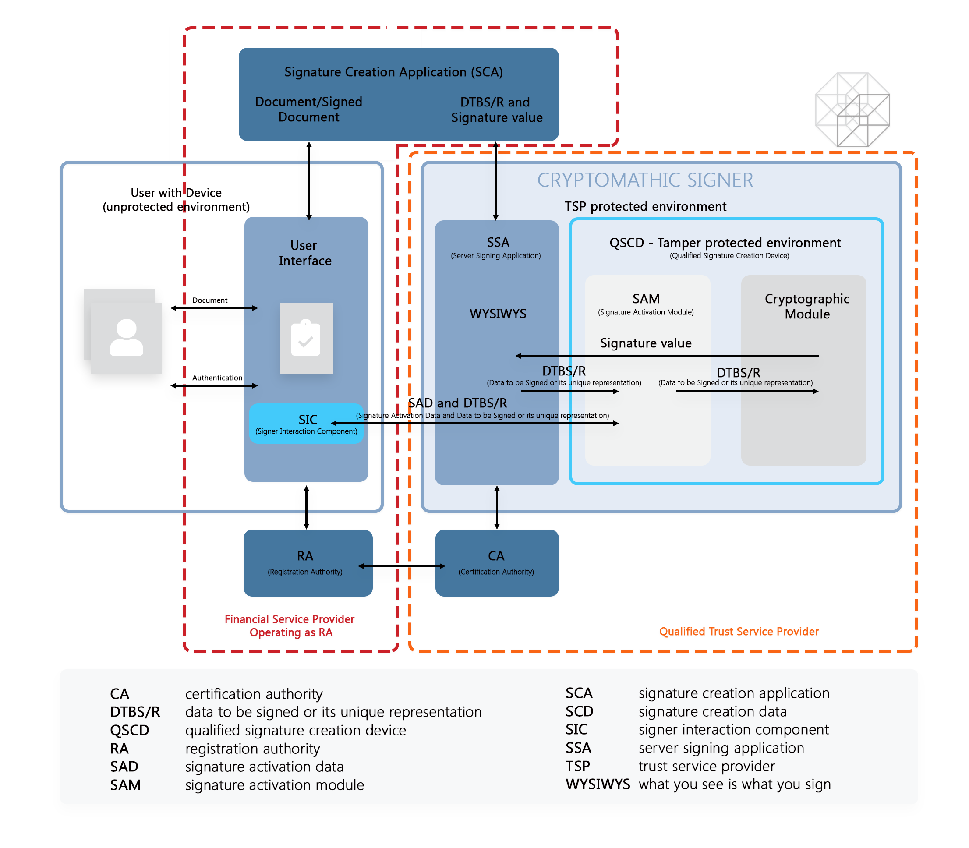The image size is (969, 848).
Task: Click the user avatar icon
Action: tap(126, 337)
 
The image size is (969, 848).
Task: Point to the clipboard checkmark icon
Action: tap(306, 338)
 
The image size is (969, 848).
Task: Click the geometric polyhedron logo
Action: tap(852, 110)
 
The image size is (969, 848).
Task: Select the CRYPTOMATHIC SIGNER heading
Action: tap(644, 180)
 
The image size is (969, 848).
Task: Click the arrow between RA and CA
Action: tap(402, 566)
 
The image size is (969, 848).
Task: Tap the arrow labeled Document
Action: tap(214, 308)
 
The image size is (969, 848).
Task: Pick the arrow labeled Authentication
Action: tap(214, 385)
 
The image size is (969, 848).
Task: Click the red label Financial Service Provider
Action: tap(290, 619)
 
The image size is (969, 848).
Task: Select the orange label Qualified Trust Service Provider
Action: tap(738, 631)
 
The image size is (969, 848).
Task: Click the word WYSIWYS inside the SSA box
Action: tap(498, 313)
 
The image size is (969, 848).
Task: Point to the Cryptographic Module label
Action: tap(807, 306)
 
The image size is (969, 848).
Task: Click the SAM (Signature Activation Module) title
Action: tap(645, 299)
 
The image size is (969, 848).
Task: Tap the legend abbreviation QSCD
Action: tap(129, 730)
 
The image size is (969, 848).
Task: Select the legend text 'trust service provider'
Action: tap(707, 766)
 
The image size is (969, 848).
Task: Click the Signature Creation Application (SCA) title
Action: tap(393, 72)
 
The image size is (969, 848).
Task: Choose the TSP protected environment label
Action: tap(645, 206)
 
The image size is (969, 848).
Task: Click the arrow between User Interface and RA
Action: tap(307, 507)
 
